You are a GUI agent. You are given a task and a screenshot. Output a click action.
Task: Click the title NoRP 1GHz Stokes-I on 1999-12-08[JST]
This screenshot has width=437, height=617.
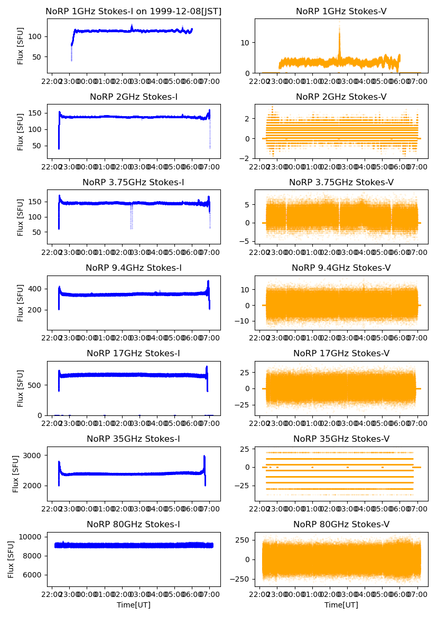134,11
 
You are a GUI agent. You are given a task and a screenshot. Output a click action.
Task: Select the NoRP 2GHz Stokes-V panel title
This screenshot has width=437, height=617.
341,97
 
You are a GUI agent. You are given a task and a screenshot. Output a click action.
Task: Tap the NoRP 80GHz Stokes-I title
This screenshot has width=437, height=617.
134,524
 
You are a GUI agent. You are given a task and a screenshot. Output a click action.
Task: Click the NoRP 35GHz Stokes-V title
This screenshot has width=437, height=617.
341,439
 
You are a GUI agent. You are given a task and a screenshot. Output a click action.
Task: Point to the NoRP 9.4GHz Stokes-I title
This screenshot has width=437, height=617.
134,268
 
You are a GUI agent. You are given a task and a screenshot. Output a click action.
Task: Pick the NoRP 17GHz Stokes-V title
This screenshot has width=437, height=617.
341,353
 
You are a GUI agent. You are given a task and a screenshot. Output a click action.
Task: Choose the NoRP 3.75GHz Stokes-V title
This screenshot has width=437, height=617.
341,182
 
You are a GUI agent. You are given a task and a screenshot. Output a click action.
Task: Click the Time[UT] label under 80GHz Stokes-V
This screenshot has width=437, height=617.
341,605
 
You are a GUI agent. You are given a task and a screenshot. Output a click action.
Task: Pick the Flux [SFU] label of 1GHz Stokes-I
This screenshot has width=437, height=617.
21,46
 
